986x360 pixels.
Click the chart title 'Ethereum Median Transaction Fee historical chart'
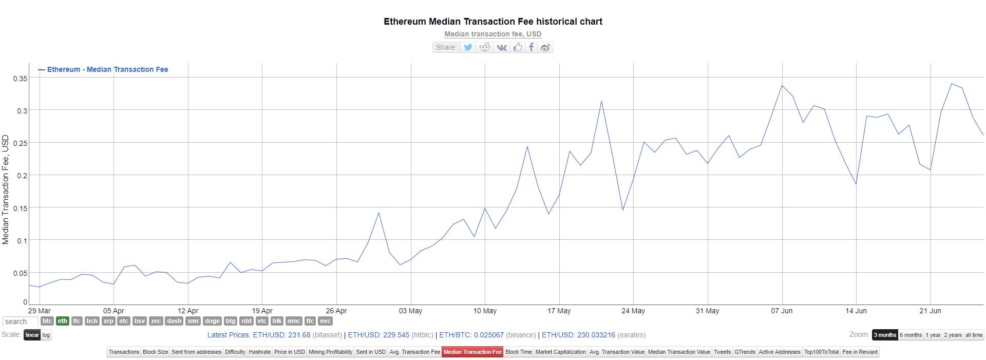point(492,22)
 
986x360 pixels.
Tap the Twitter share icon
point(468,47)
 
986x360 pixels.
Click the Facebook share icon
point(531,47)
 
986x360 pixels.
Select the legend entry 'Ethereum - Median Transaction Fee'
point(107,69)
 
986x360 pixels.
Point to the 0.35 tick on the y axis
point(21,79)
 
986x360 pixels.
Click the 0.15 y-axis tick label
point(21,208)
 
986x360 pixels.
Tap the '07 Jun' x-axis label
point(782,311)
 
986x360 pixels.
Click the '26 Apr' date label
point(336,311)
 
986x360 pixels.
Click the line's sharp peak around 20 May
point(601,101)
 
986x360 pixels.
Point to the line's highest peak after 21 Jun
point(952,84)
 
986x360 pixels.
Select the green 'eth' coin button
point(62,321)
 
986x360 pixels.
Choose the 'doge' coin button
point(212,321)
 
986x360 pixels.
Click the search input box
point(20,321)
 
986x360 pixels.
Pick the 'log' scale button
point(46,335)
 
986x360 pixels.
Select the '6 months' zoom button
point(911,335)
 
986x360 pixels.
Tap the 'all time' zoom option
point(974,335)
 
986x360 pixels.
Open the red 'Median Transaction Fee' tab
point(472,352)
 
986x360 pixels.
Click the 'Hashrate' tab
point(259,352)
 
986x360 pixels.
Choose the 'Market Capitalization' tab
point(560,352)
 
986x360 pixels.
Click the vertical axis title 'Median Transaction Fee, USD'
point(6,190)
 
